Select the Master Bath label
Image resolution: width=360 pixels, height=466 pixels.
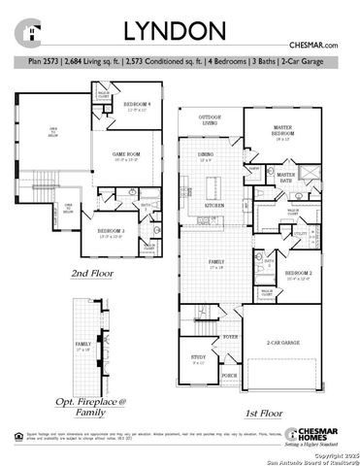point(285,176)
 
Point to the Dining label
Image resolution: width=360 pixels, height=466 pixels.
point(206,156)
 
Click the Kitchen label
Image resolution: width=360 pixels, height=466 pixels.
point(215,206)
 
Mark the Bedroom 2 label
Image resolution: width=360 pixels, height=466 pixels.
point(299,275)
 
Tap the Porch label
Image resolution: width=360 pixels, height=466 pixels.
point(229,375)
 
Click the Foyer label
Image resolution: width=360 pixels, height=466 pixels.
point(230,336)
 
